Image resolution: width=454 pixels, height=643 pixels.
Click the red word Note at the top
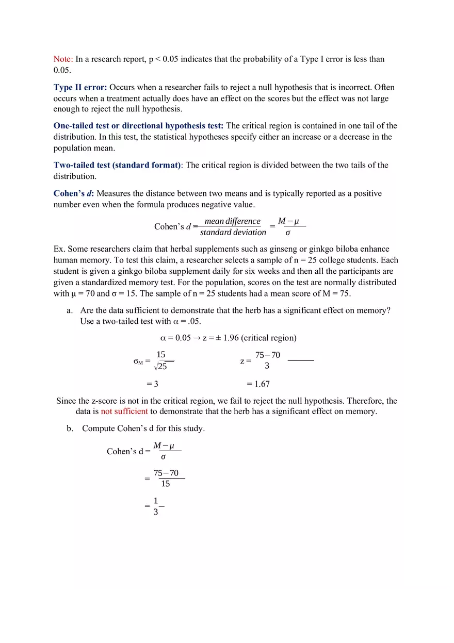coord(63,59)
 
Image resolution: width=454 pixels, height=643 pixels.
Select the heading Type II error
coord(80,87)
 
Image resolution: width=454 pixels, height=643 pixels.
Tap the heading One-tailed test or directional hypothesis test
coord(138,126)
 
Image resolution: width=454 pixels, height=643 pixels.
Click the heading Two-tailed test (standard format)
coord(117,165)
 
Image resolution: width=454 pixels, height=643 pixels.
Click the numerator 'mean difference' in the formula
coord(232,221)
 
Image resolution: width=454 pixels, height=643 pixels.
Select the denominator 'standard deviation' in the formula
coord(233,233)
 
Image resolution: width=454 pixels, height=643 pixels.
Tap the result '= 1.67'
coord(258,384)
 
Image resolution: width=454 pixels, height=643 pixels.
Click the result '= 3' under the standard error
coord(152,384)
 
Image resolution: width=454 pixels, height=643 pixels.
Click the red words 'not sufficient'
coord(124,411)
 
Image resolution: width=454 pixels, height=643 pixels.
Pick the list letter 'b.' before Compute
coord(70,428)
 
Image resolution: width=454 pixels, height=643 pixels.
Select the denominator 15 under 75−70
coord(165,484)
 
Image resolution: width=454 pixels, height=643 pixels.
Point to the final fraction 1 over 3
coord(156,506)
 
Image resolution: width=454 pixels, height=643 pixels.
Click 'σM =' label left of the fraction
coord(142,361)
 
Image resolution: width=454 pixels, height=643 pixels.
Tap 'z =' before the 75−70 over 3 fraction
coord(246,361)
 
